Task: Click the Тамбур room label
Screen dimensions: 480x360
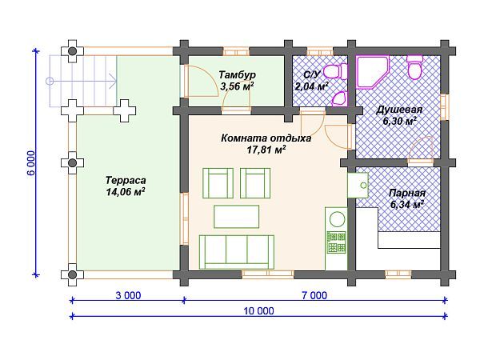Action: coord(238,74)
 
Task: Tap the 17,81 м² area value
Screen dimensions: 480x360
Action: coord(266,150)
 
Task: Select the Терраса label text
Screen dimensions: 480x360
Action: coord(126,180)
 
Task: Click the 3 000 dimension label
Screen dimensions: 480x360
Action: coord(128,295)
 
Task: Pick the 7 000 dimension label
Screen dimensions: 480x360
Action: coord(314,295)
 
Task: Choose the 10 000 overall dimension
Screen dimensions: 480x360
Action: coord(258,311)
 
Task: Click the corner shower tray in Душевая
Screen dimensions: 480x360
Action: coord(372,72)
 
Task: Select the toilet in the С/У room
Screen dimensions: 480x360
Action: coord(335,72)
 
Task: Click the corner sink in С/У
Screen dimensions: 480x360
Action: coord(340,99)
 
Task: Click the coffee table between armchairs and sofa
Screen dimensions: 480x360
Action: coord(236,217)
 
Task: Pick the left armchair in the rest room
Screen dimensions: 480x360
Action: coord(218,183)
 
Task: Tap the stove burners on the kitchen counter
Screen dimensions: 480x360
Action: coord(336,242)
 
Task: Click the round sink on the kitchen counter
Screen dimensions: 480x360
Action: coord(337,219)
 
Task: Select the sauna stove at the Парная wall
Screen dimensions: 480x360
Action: coord(358,186)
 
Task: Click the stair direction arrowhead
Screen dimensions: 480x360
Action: coord(113,81)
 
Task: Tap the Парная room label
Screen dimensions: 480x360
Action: coord(407,193)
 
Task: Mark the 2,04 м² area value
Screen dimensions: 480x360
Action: coord(311,86)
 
